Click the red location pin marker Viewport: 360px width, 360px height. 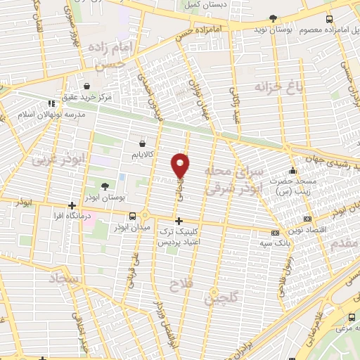click(x=180, y=165)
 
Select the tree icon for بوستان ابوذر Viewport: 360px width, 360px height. click(x=105, y=186)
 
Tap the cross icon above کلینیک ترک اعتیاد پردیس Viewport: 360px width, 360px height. click(x=179, y=221)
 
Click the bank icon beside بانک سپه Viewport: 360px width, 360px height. click(x=276, y=233)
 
